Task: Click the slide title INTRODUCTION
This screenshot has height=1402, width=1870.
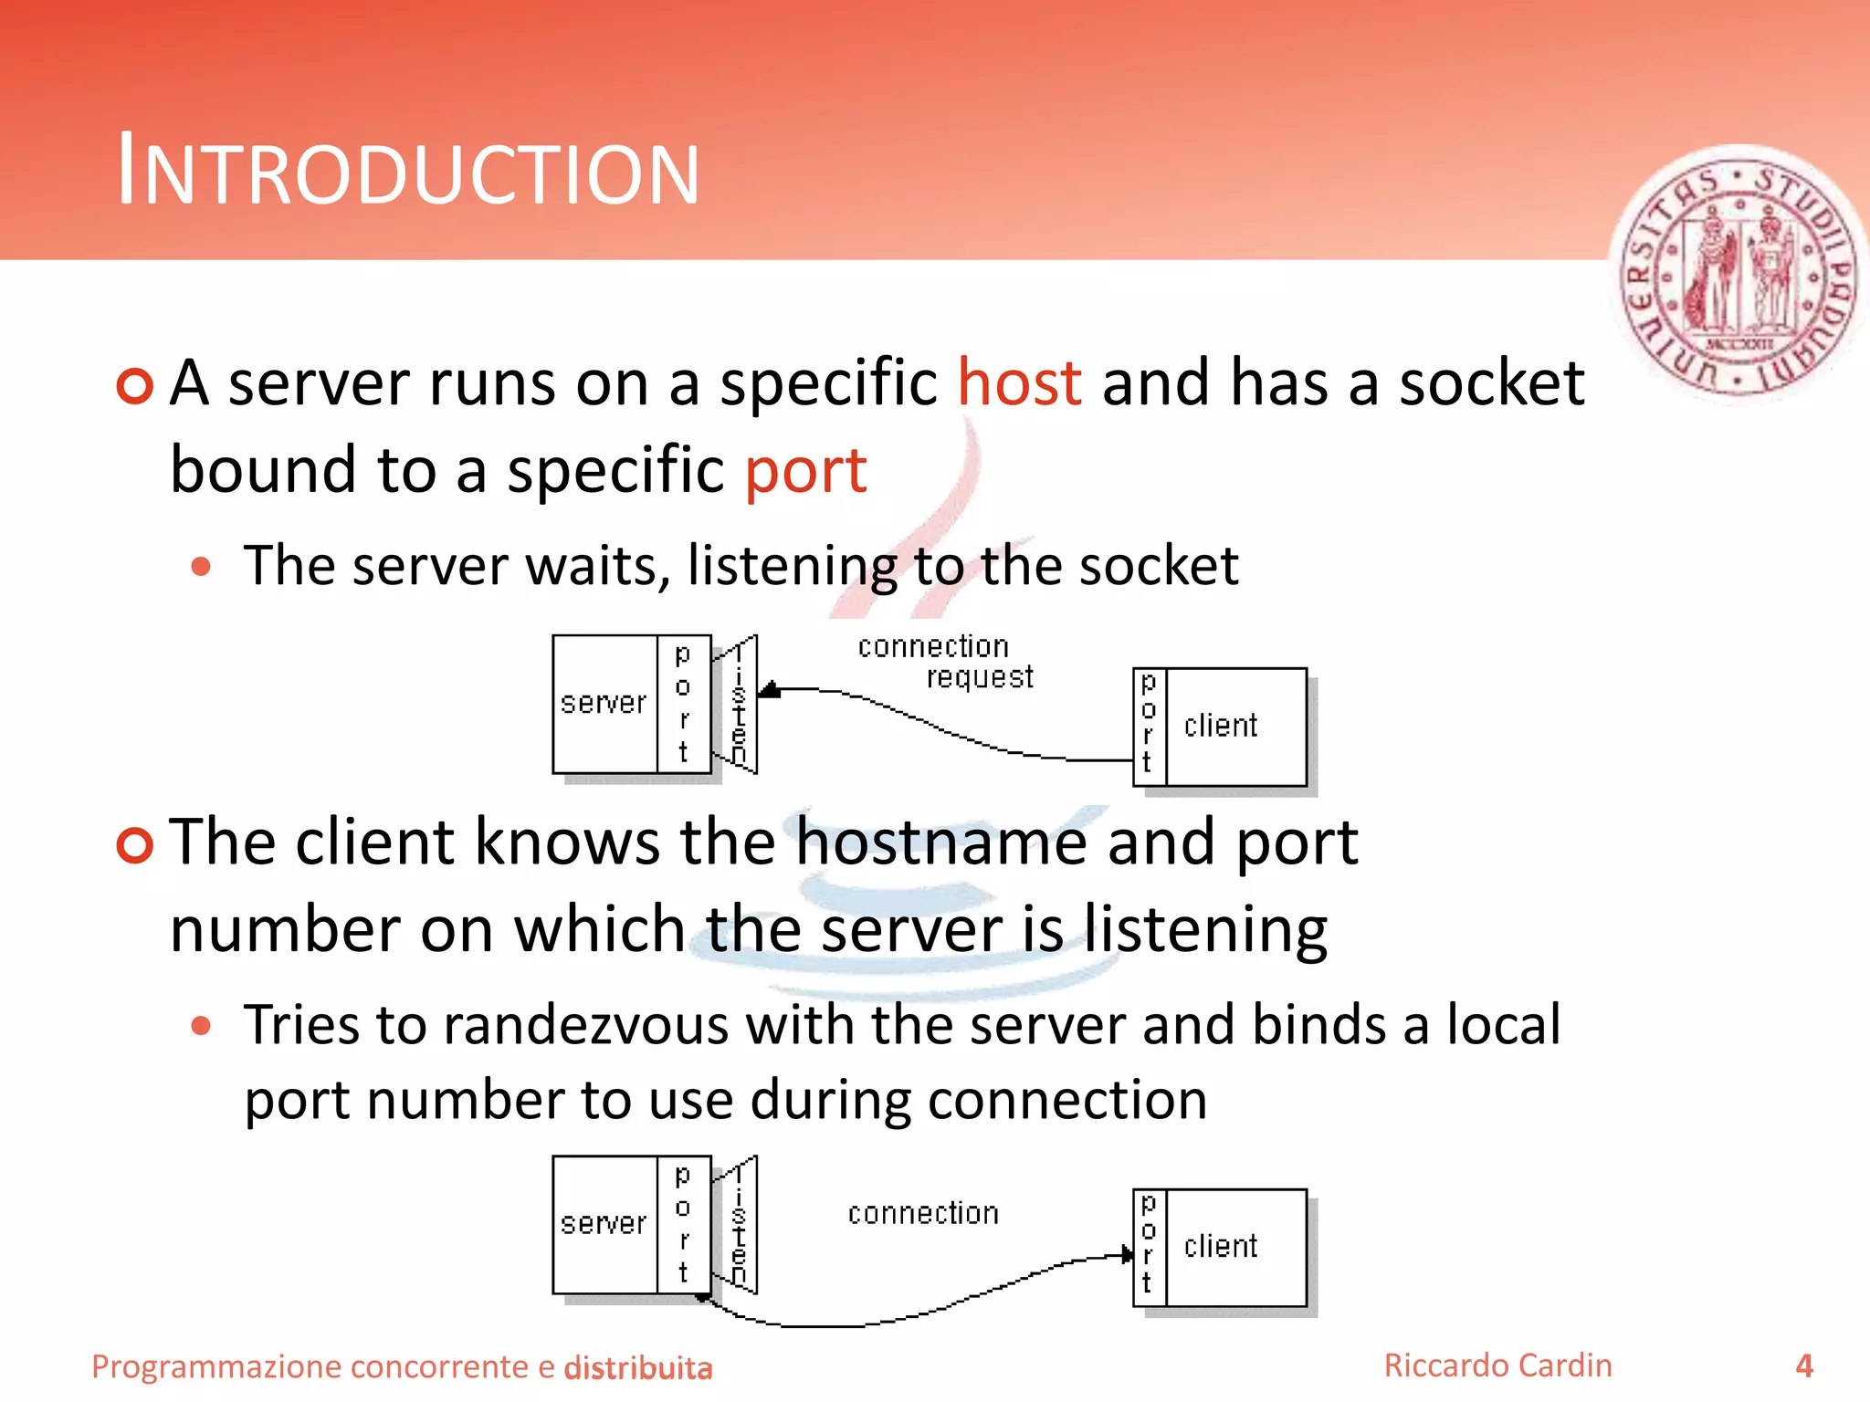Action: point(408,171)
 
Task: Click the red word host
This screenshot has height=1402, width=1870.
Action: point(1019,382)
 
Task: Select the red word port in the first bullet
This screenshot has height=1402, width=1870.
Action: point(805,470)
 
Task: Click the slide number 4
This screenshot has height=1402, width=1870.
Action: point(1803,1365)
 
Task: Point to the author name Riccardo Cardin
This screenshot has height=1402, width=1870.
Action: point(1497,1365)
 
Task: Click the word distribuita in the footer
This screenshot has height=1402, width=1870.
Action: point(637,1368)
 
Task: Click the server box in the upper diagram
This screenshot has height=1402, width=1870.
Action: point(604,703)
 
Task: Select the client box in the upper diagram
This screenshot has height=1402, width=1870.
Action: point(1235,727)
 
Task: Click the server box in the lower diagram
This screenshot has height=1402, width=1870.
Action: point(604,1223)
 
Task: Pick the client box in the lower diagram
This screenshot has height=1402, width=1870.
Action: point(1235,1247)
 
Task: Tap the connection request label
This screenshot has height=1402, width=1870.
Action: point(945,662)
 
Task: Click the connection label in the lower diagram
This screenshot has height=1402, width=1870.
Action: point(923,1213)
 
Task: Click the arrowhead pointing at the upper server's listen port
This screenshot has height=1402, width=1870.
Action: point(770,690)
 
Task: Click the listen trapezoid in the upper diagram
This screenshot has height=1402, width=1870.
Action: point(738,705)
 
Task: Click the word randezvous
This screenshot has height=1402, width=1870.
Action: point(585,1024)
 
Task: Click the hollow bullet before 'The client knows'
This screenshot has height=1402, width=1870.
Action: point(134,844)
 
